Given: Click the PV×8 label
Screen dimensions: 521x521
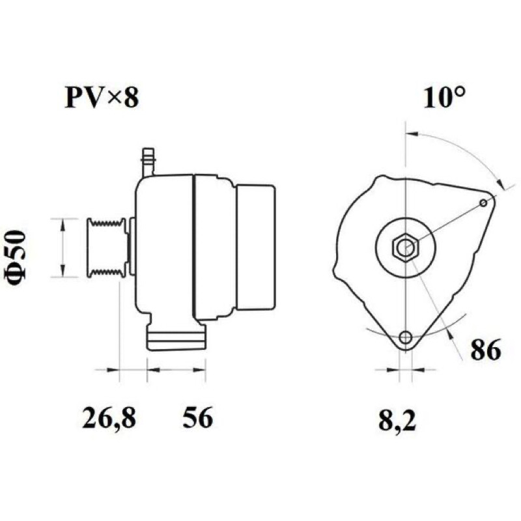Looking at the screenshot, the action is pyautogui.click(x=102, y=98).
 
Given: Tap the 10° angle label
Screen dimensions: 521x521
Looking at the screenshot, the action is pyautogui.click(x=444, y=98).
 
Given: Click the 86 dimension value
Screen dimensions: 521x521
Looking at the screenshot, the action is pyautogui.click(x=485, y=350).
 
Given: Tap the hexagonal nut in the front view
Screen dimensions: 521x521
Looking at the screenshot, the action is pyautogui.click(x=406, y=247).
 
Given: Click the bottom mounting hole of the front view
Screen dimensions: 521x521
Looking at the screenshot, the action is pyautogui.click(x=405, y=337).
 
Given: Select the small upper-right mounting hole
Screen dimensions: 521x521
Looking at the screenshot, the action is pyautogui.click(x=484, y=203).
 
